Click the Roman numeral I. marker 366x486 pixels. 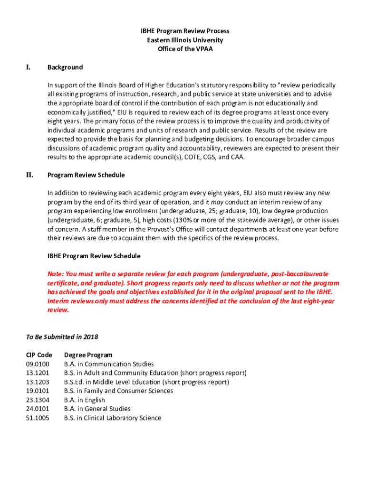(x=29, y=67)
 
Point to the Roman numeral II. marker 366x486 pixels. (x=29, y=175)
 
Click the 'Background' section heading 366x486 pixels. (x=65, y=67)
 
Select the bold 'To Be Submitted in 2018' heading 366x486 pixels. (x=62, y=337)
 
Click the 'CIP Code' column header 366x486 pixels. (x=39, y=355)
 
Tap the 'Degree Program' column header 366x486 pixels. (x=88, y=355)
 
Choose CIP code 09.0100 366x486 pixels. (x=38, y=364)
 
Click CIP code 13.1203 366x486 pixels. (x=38, y=382)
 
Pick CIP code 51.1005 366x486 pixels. (x=38, y=418)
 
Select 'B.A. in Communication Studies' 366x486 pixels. (x=109, y=364)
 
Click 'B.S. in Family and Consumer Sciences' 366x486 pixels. (x=118, y=391)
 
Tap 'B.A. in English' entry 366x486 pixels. (x=85, y=400)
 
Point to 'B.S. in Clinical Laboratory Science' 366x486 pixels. (x=113, y=418)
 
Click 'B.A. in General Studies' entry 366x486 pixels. (x=97, y=409)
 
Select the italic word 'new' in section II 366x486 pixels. (x=323, y=193)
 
